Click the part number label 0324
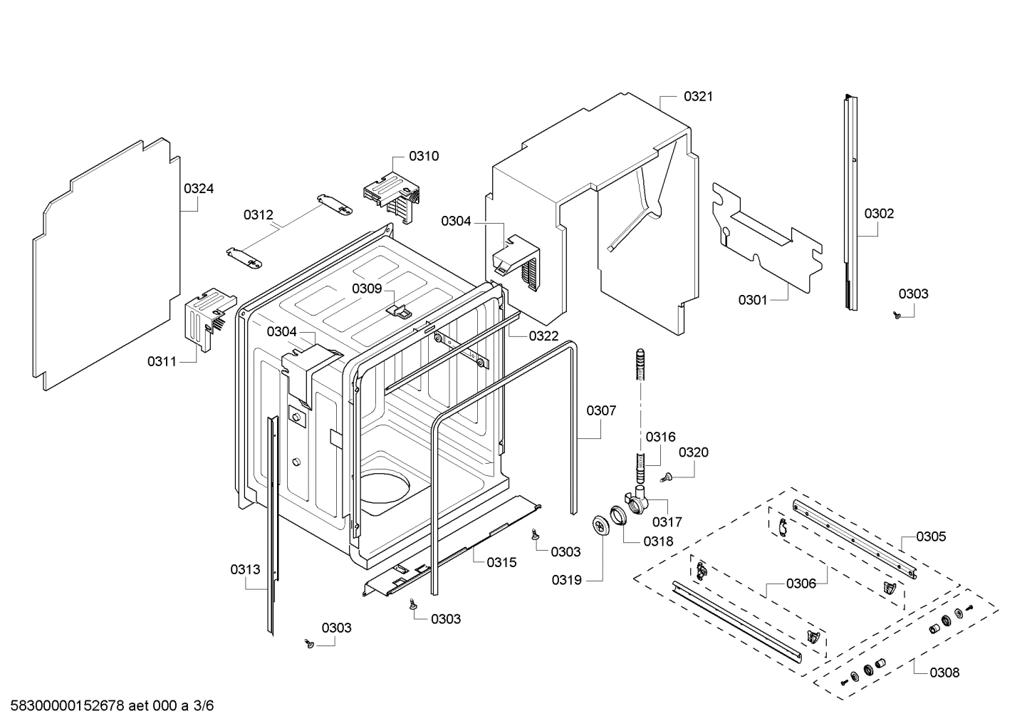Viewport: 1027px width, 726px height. pos(199,189)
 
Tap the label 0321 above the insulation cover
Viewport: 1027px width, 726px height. pos(698,96)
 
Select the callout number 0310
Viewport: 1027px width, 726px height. pos(424,156)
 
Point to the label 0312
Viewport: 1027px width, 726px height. pos(258,214)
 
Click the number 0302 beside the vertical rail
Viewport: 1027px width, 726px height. pos(879,213)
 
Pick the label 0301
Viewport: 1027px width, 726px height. pos(753,300)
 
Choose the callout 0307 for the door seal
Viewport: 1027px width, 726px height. pos(601,410)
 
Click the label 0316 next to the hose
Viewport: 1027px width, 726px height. pos(660,437)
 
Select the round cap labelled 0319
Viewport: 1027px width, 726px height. pos(601,525)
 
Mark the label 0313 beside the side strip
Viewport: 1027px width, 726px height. pos(245,569)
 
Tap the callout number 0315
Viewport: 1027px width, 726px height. pos(501,562)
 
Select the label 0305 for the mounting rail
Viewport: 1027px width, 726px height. pos(931,536)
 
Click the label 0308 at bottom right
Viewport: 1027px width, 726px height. pos(944,672)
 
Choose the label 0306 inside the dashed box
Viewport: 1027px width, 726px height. pos(801,584)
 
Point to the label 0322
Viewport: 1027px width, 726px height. pos(543,336)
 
